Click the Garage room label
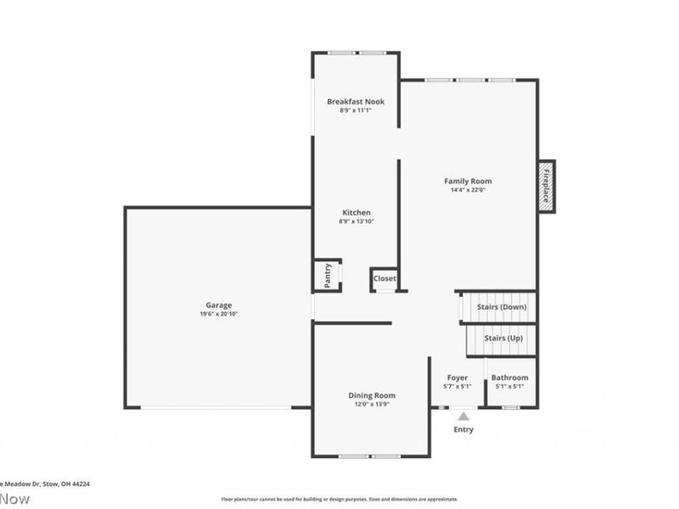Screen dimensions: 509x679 pos(218,305)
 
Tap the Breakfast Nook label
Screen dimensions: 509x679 pos(356,102)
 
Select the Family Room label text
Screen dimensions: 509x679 pos(468,181)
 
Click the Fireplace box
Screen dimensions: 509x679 pos(547,186)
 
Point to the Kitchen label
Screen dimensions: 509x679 pos(356,212)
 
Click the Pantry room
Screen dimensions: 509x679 pos(328,275)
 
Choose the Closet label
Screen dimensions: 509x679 pos(384,278)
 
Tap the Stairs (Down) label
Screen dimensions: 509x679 pos(502,306)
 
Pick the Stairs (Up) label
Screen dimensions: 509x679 pos(503,338)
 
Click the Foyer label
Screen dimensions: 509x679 pos(457,378)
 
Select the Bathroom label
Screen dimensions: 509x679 pos(510,378)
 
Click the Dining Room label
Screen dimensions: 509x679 pos(372,395)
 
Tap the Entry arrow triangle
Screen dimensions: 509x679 pos(463,416)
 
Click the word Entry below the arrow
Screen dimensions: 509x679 pos(463,429)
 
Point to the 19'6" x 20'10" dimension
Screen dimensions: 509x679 pos(218,315)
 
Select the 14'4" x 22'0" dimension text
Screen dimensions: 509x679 pos(468,190)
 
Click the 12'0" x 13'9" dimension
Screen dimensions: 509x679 pos(372,405)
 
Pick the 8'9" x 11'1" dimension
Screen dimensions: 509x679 pos(356,110)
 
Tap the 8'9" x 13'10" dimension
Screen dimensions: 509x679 pos(356,221)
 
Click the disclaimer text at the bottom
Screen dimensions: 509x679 pos(339,499)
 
